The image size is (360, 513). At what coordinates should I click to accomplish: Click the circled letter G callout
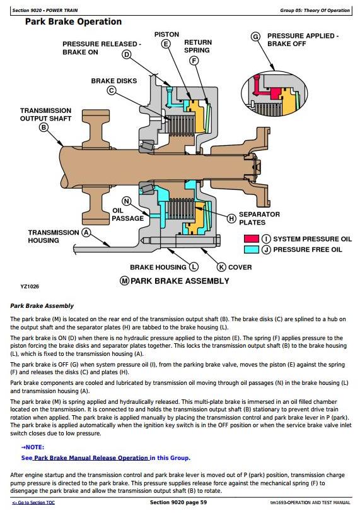coord(256,37)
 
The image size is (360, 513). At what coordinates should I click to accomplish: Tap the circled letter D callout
coord(127,55)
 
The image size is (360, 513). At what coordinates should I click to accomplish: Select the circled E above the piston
coord(166,44)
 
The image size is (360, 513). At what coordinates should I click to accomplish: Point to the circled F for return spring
coord(195,61)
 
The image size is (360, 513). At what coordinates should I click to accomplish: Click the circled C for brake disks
coord(112,90)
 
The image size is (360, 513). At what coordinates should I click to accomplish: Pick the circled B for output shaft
coord(44,127)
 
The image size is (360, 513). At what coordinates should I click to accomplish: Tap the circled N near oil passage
coord(127,201)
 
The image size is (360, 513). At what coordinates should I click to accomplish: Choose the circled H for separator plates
coord(231,218)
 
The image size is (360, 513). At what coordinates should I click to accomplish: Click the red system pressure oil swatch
coord(252,239)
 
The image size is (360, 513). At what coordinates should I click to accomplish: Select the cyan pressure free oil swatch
coord(252,250)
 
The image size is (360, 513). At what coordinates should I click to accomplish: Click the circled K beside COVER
coord(221,267)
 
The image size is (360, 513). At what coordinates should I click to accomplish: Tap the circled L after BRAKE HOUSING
coord(194,267)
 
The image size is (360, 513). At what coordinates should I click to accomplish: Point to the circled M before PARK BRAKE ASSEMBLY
coord(125,281)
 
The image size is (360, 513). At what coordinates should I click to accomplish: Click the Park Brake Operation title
coord(73,22)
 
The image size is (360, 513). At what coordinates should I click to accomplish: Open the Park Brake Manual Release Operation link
coord(91,457)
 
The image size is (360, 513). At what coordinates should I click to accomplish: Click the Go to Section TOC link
coord(33,502)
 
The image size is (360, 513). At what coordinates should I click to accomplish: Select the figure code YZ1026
coord(30,286)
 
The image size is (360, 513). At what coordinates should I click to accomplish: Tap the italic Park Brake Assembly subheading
coord(42,306)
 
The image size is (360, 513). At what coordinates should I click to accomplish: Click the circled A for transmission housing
coord(86,233)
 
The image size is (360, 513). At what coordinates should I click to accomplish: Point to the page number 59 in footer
coord(204,502)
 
